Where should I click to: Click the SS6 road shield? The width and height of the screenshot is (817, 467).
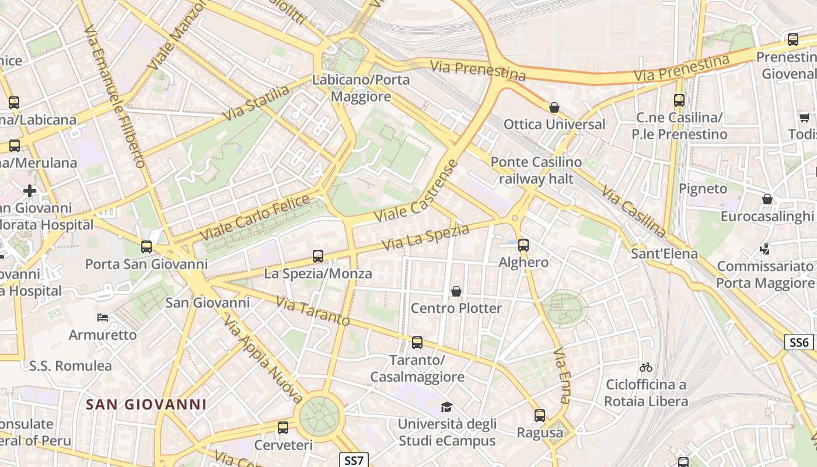coord(799,342)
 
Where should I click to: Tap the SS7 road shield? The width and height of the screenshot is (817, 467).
coord(354,460)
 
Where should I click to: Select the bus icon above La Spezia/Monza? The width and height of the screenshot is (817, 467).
coord(318,256)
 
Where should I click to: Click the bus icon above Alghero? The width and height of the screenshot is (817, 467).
coord(523,245)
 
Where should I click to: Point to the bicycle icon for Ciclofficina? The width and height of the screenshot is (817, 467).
coord(645,367)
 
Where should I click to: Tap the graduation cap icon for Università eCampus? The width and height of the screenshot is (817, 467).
coord(446,407)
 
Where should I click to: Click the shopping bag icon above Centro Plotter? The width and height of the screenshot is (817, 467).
coord(456,291)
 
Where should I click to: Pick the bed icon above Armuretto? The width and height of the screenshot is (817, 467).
coord(103,318)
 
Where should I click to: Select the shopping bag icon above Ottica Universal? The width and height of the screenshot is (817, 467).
coord(554,107)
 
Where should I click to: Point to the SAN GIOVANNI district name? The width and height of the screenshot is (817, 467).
coord(146,404)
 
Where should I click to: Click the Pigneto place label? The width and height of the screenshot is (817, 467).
coord(703,189)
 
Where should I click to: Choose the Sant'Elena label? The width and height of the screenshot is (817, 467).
coord(664,253)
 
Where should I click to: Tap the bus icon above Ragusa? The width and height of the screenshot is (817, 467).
coord(540,416)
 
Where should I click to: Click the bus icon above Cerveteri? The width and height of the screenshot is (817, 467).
coord(283,428)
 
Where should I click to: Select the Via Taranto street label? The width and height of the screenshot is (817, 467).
coord(313,312)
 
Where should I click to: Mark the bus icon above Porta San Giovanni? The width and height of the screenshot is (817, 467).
coord(146,247)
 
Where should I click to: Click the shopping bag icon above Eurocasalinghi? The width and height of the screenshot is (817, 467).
coord(767,200)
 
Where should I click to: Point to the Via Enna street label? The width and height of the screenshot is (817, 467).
coord(561,376)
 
